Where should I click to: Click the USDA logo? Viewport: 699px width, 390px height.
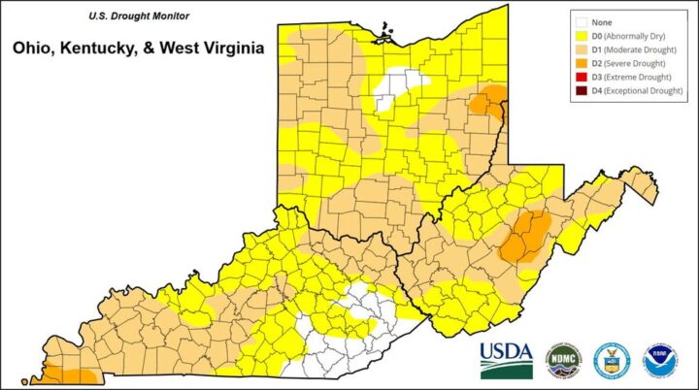[x=506, y=360]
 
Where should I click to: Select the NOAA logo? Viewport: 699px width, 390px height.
[x=660, y=359]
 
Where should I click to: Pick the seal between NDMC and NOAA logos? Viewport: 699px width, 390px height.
[x=611, y=359]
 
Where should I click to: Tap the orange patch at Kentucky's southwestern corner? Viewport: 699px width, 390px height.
[x=68, y=375]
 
